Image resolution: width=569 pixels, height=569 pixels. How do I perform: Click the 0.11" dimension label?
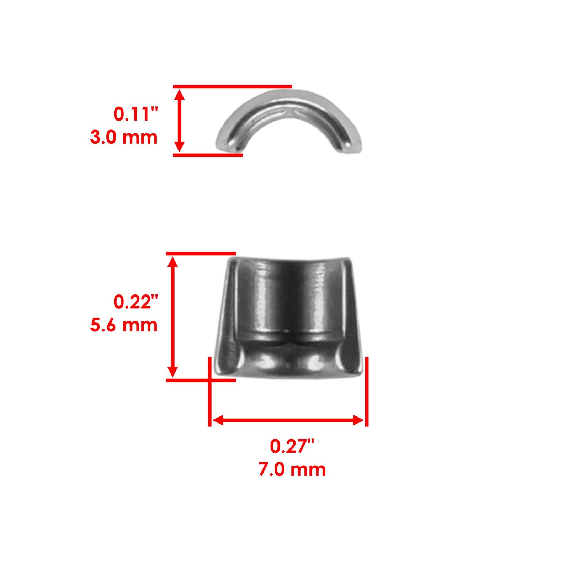[x=135, y=114]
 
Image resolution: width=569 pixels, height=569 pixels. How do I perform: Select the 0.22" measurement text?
[x=135, y=302]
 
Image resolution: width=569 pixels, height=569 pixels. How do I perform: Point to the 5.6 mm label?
[x=124, y=325]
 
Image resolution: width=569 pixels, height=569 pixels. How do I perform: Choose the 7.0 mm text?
[x=292, y=469]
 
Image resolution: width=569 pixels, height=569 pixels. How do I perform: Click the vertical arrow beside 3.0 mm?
[x=180, y=121]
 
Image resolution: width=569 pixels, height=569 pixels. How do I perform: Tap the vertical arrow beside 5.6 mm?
[x=172, y=317]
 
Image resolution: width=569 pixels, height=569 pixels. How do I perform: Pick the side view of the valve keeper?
[x=289, y=317]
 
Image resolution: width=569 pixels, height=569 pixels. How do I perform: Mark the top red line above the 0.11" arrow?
[x=232, y=86]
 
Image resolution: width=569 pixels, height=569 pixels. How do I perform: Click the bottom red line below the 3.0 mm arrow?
[x=208, y=155]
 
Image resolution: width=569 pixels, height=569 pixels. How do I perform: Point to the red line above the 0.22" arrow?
[x=201, y=254]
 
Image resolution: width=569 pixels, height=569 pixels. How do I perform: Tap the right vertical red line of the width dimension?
[x=367, y=391]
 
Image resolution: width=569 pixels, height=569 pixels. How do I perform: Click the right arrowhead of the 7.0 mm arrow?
[x=358, y=420]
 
